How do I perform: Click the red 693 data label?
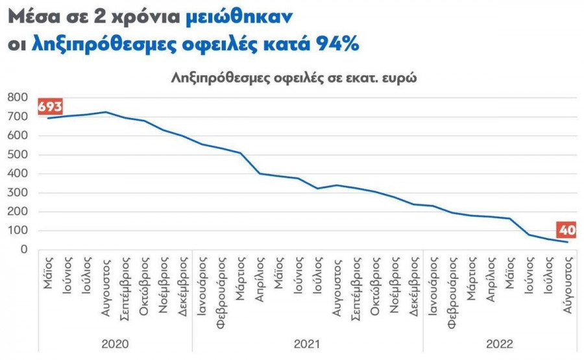coord(50,106)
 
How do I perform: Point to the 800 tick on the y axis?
coord(18,97)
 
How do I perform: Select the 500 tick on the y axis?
coord(18,154)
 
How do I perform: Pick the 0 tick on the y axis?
coord(24,250)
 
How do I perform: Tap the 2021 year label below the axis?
coord(308,343)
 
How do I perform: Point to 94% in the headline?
coord(337,44)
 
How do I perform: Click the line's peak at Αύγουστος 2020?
coord(106,112)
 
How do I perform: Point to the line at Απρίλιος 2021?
coord(260,173)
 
